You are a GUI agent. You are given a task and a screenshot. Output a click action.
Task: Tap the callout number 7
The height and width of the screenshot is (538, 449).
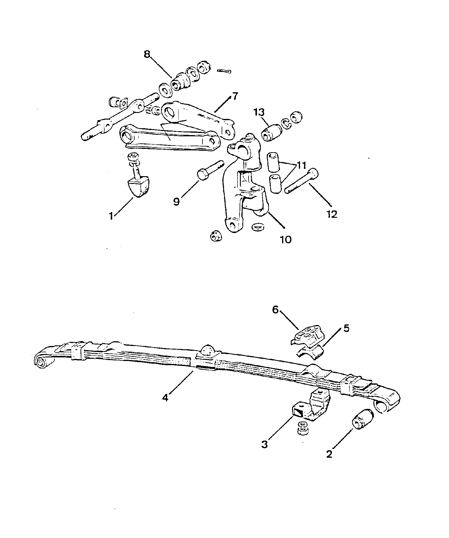point(235,97)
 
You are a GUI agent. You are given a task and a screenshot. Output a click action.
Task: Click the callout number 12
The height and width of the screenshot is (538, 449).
point(332,214)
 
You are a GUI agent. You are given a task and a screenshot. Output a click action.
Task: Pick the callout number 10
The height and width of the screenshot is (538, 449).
point(286,239)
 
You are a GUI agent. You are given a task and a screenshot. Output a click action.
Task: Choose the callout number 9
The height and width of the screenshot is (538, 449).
point(176,202)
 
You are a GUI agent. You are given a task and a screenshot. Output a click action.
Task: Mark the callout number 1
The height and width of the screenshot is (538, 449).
point(111,216)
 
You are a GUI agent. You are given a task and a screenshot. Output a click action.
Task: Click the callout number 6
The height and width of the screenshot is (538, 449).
point(275,310)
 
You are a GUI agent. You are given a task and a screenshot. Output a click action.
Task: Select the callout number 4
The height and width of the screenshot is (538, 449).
point(165,397)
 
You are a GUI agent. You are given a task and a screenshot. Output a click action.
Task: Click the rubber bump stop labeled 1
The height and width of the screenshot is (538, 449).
point(138,187)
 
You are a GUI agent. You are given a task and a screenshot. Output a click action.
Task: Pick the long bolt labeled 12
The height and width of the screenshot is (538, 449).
point(302,181)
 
